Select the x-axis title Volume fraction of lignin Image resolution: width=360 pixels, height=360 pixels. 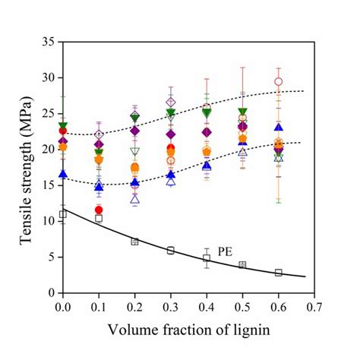tap(185, 332)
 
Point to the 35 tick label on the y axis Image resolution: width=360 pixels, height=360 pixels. tap(47, 42)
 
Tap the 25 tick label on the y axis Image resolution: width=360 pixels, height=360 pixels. tap(47, 113)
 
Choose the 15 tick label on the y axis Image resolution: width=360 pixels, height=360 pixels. tap(47, 185)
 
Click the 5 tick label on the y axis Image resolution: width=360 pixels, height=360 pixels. tap(50, 257)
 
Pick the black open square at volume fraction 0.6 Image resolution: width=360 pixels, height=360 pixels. tap(279, 273)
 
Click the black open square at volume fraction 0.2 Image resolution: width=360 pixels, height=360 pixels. tap(134, 242)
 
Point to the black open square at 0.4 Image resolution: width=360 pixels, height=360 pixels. tap(207, 258)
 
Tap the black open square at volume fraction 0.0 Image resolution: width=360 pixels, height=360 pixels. tap(63, 214)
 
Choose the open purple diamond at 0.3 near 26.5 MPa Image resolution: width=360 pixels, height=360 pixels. tap(171, 102)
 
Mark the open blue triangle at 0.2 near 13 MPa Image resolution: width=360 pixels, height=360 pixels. tap(135, 199)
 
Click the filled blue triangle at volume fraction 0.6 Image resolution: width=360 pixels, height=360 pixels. tap(279, 127)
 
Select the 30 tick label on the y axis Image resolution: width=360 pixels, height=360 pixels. tap(47, 77)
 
